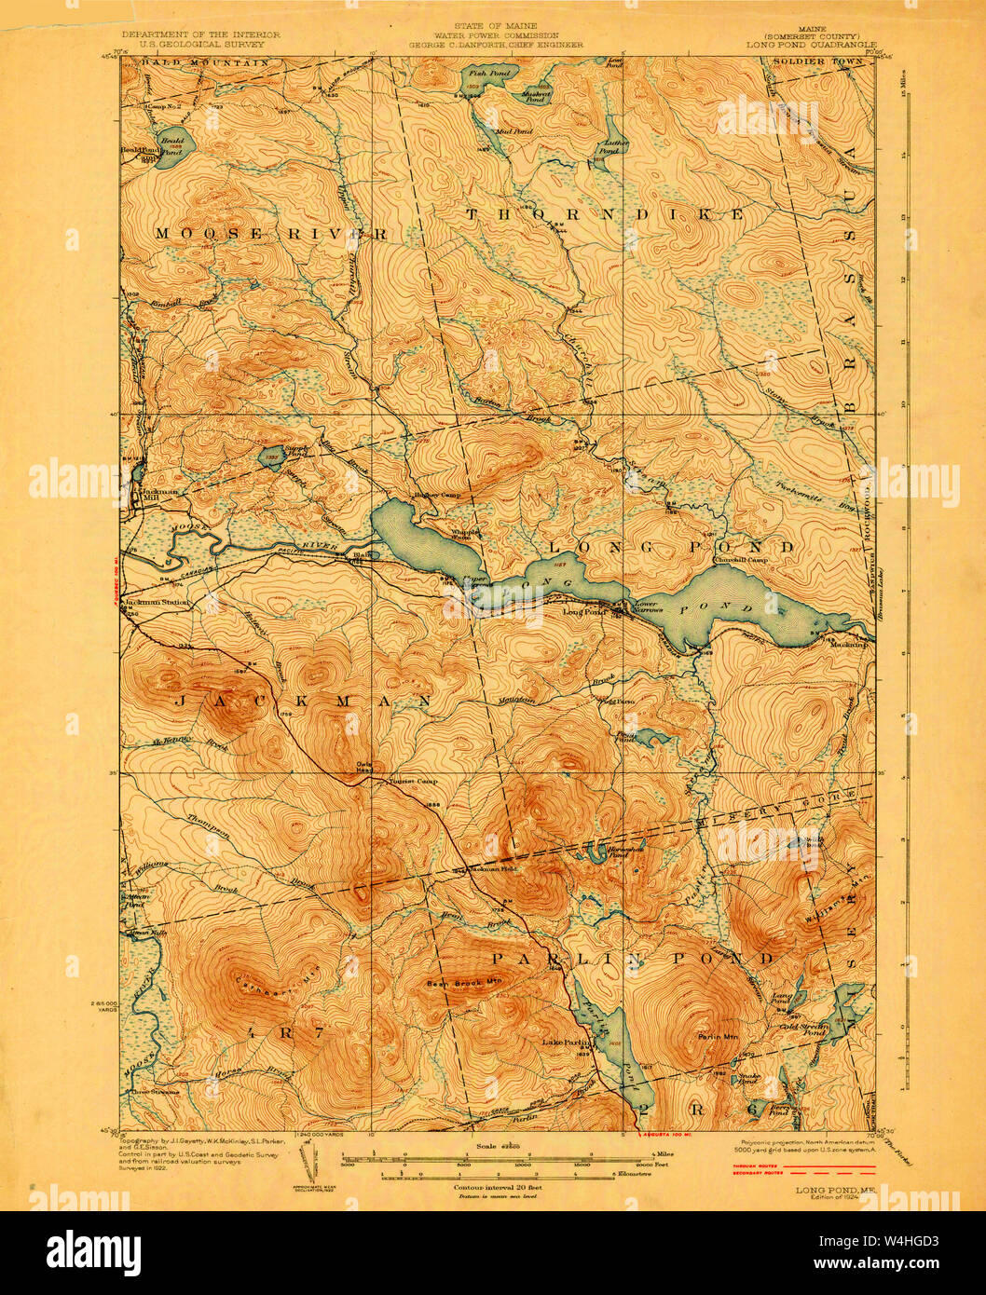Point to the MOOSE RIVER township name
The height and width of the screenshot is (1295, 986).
point(270,234)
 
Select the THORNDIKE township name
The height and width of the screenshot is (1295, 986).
point(605,214)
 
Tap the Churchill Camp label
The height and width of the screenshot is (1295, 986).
point(741,560)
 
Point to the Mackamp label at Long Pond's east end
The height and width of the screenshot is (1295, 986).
point(849,644)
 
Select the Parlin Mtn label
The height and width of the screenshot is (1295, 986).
point(717,1036)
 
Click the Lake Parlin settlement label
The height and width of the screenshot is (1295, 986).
point(562,1042)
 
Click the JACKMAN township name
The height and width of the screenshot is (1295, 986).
point(304,700)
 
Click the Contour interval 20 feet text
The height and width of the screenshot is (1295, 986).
point(498,1188)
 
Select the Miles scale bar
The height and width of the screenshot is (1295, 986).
point(522,1155)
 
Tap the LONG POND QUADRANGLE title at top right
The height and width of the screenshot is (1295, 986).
point(811,44)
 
